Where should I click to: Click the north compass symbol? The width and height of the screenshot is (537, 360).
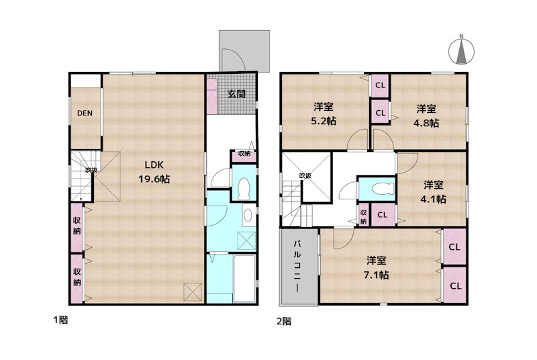point(461,49)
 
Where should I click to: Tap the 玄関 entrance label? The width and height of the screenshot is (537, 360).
point(236,94)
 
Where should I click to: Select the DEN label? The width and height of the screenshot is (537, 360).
point(84,113)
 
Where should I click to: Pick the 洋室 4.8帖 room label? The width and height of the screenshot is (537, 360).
point(426,115)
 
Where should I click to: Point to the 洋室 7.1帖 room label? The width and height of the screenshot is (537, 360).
point(377,267)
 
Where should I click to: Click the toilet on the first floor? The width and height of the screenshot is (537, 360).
point(242,188)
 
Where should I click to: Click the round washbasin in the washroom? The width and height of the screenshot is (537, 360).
point(246,216)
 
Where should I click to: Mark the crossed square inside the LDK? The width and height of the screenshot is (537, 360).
point(192,291)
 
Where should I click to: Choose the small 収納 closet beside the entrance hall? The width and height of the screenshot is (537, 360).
point(242,154)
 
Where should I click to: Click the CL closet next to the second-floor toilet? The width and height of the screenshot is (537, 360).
point(381,214)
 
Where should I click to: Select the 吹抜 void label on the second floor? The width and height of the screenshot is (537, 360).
point(305,176)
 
